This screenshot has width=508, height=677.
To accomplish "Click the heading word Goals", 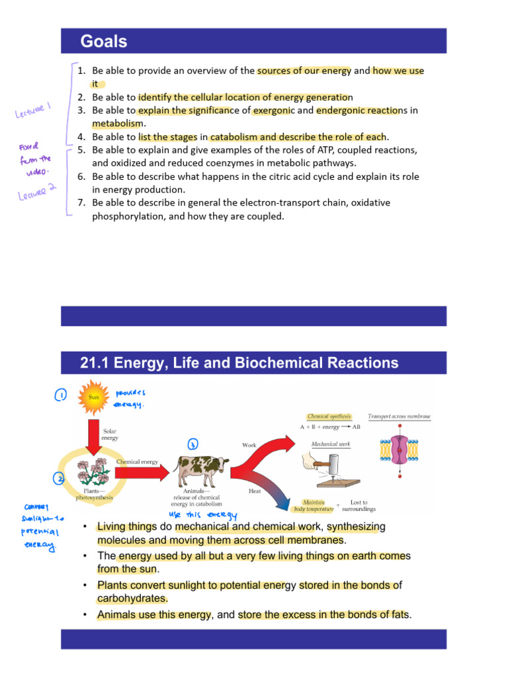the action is pos(104,42).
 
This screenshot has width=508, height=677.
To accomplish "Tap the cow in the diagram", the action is pos(200,470).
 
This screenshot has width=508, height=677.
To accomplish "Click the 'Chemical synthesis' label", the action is pos(329,417).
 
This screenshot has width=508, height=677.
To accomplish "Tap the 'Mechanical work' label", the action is pos(330,444).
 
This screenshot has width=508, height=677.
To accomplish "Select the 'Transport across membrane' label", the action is pos(399,417).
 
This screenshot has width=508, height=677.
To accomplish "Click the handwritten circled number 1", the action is pos(60,395).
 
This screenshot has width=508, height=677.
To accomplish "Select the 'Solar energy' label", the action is pos(110,434).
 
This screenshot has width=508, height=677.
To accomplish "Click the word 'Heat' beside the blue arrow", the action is pos(254,491).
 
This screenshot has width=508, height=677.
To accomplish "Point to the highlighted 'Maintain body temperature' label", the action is pos(317,506).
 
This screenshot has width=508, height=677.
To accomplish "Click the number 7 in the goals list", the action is pos(81,202).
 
